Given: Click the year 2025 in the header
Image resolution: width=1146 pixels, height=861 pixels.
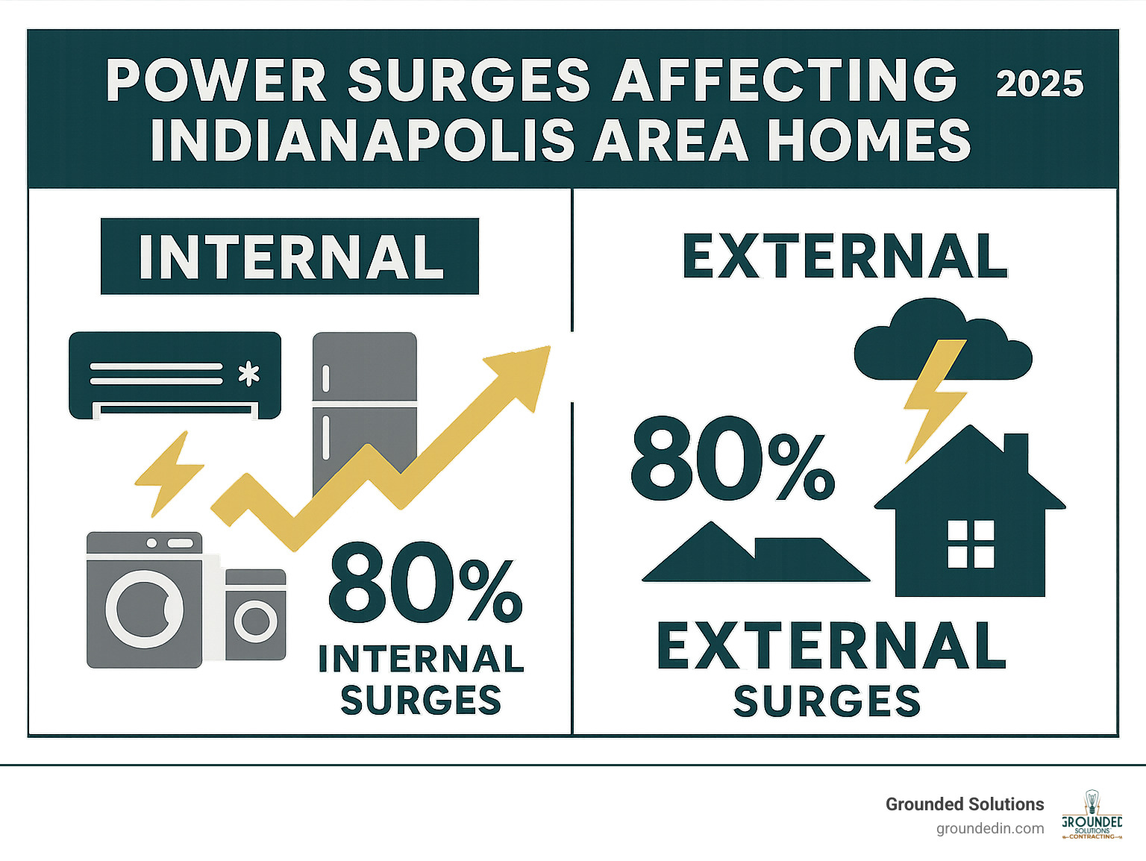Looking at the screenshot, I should (1039, 84).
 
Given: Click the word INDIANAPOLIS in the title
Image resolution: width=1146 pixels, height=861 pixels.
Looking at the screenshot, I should (363, 140).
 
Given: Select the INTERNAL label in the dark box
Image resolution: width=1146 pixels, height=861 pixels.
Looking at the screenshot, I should (290, 257).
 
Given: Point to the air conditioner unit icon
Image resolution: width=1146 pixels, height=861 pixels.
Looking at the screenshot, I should (175, 375).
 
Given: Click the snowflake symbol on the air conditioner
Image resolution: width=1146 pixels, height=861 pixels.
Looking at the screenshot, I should (248, 373).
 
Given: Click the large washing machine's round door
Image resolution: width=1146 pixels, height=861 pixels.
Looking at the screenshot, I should (144, 608).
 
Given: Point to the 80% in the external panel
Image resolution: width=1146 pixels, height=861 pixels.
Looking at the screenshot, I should (731, 460).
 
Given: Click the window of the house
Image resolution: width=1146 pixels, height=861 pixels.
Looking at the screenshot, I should (971, 544).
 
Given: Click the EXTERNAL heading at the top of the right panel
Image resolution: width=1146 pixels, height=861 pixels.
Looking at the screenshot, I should (845, 257).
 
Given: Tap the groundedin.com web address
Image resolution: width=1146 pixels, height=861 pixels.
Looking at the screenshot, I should (990, 828).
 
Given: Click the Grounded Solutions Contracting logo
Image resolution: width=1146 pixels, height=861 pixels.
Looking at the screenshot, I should (1092, 815).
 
